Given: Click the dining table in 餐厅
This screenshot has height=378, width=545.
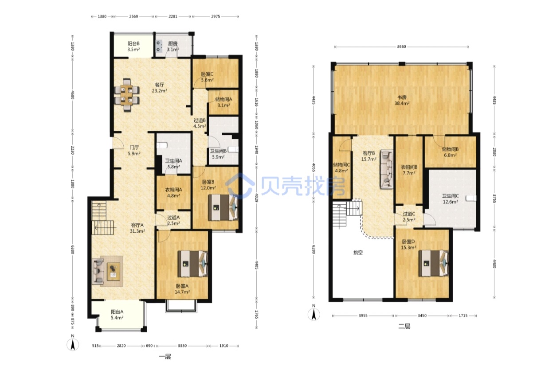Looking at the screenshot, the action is click(127, 95).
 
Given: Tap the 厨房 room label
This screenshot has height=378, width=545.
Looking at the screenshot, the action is click(173, 44).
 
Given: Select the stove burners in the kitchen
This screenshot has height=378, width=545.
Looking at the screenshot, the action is click(159, 46).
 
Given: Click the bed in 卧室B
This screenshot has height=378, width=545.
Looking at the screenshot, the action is click(223, 207).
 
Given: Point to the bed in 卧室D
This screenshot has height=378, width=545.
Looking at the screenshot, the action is click(434, 263).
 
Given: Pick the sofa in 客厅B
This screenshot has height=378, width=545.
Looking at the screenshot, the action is click(387, 169).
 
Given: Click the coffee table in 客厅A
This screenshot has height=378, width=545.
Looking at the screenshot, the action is click(114, 272).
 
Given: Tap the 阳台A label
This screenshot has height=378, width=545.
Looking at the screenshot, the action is click(117, 312).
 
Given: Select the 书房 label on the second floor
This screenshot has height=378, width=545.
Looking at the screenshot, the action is click(402, 97).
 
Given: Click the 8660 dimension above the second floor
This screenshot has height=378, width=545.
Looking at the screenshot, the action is click(401, 47).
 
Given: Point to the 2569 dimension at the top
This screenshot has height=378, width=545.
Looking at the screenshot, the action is click(133, 16).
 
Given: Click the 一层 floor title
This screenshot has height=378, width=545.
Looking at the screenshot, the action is click(165, 357).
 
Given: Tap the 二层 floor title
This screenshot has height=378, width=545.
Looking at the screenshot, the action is click(404, 326).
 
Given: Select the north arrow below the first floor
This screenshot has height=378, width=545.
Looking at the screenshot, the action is click(73, 344).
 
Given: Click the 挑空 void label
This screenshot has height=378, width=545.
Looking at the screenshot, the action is click(358, 253).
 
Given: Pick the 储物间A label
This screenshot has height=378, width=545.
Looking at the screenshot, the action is click(223, 99).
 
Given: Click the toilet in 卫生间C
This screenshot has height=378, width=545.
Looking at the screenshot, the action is click(471, 198).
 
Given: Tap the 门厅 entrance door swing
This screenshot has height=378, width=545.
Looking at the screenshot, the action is click(118, 144).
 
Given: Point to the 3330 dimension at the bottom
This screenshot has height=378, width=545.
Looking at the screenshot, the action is click(182, 346).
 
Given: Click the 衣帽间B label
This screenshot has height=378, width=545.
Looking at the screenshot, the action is click(409, 167).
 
